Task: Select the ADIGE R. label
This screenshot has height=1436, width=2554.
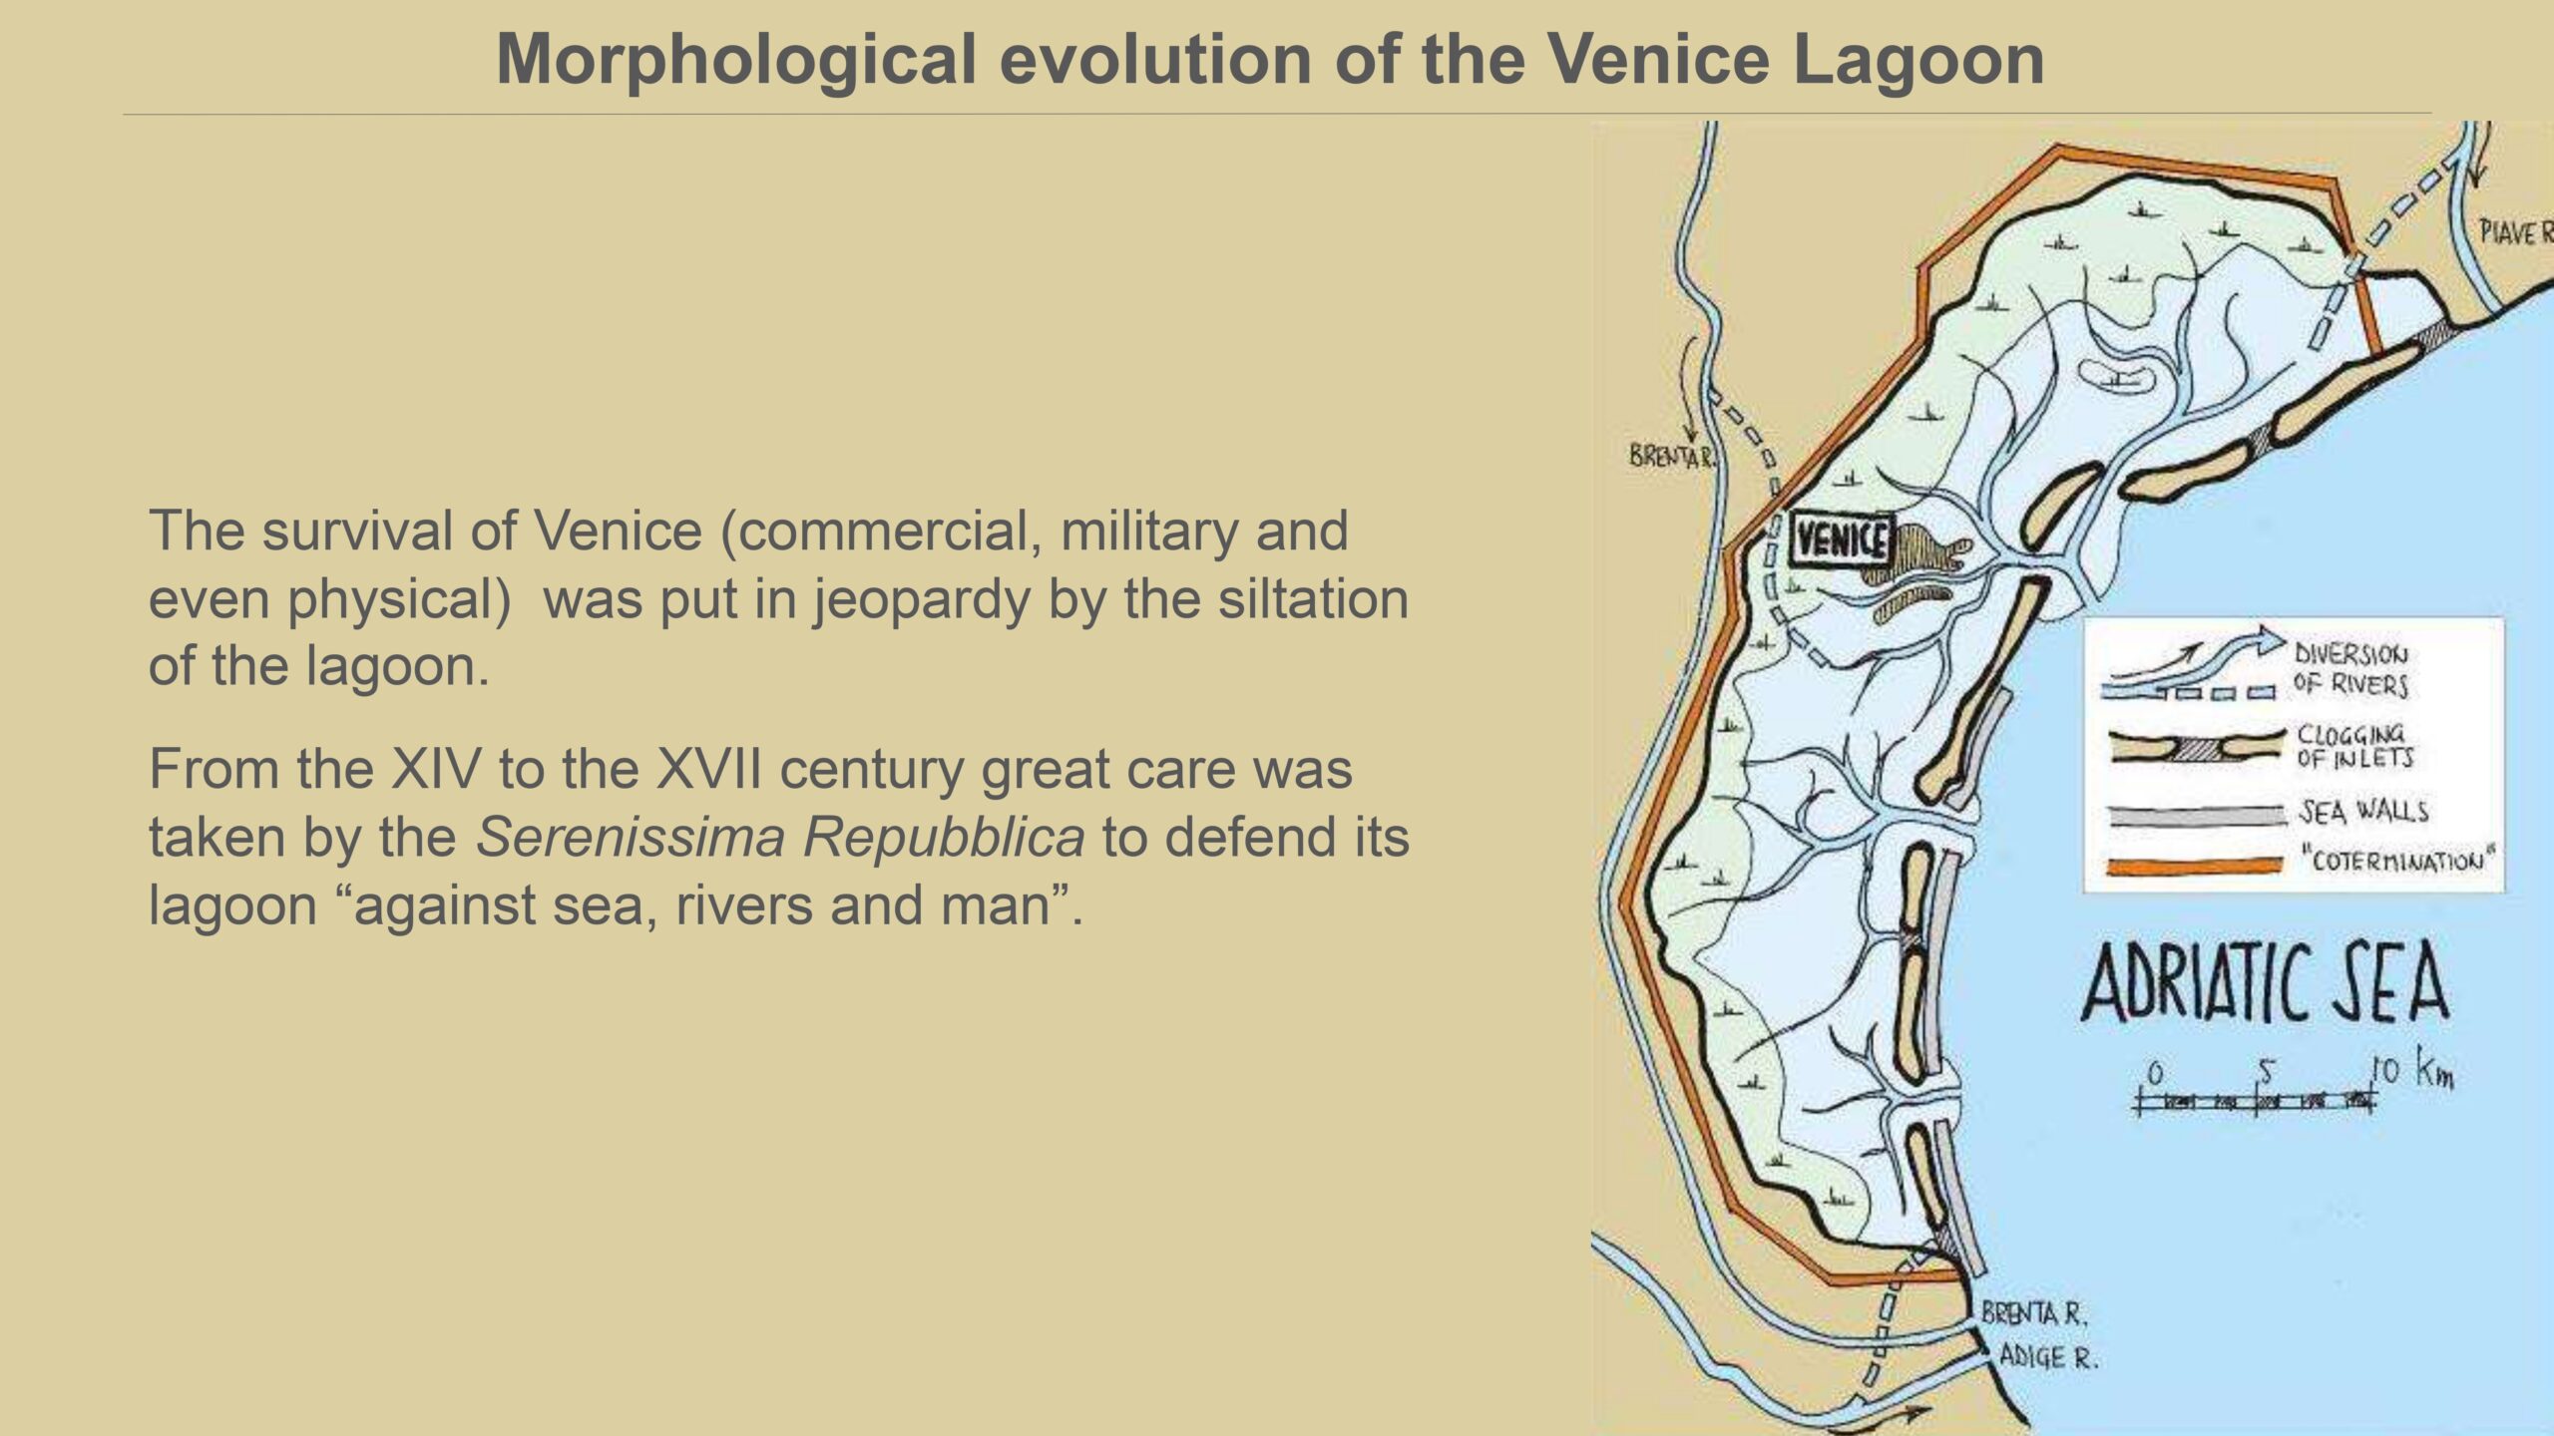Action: click(x=2047, y=1356)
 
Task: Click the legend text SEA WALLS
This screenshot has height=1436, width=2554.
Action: click(x=2363, y=812)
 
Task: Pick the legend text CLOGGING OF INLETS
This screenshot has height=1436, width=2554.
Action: click(x=2354, y=745)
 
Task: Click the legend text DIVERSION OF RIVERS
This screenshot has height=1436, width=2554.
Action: click(x=2350, y=669)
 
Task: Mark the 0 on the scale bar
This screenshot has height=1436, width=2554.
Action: click(x=2156, y=1074)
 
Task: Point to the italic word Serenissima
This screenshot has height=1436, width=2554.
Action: click(x=630, y=837)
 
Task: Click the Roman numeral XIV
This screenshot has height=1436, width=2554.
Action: click(x=435, y=769)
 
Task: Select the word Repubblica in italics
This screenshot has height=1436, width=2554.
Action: click(x=944, y=837)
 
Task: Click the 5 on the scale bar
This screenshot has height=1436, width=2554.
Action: click(x=2267, y=1072)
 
